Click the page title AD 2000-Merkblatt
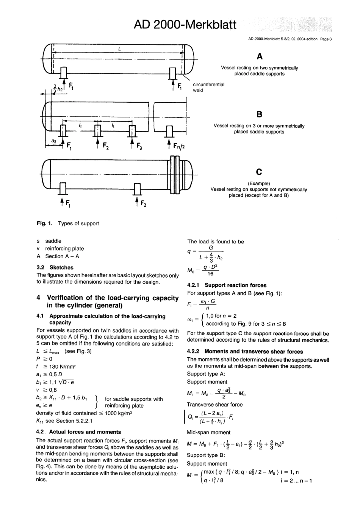(x=185, y=25)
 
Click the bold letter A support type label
(x=259, y=57)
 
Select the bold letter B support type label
(x=259, y=114)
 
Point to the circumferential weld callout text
(x=208, y=87)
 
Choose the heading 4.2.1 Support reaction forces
(x=227, y=285)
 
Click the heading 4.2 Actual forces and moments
(x=78, y=432)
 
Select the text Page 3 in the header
(x=326, y=39)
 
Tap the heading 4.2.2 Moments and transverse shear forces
(x=245, y=352)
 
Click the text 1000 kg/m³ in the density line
(x=118, y=413)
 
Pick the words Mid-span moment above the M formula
(x=208, y=432)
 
